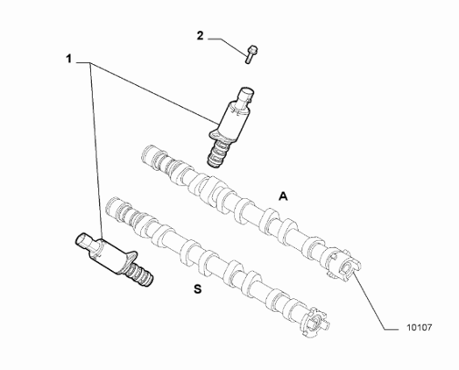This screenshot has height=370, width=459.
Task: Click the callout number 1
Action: click(x=68, y=59)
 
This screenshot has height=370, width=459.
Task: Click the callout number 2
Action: click(x=200, y=36)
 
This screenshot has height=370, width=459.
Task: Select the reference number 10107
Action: click(x=420, y=327)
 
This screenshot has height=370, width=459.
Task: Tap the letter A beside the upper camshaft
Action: click(x=283, y=196)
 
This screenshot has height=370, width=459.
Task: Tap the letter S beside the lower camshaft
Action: click(x=198, y=289)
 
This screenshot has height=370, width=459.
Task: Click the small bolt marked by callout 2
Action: click(x=250, y=53)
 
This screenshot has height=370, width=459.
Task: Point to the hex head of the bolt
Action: click(x=252, y=49)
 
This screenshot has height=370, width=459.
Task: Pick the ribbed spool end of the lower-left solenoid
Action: click(x=139, y=273)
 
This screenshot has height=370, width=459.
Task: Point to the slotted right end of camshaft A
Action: click(x=344, y=264)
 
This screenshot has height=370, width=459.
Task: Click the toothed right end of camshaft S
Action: click(x=315, y=323)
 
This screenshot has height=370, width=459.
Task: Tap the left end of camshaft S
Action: click(x=114, y=208)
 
